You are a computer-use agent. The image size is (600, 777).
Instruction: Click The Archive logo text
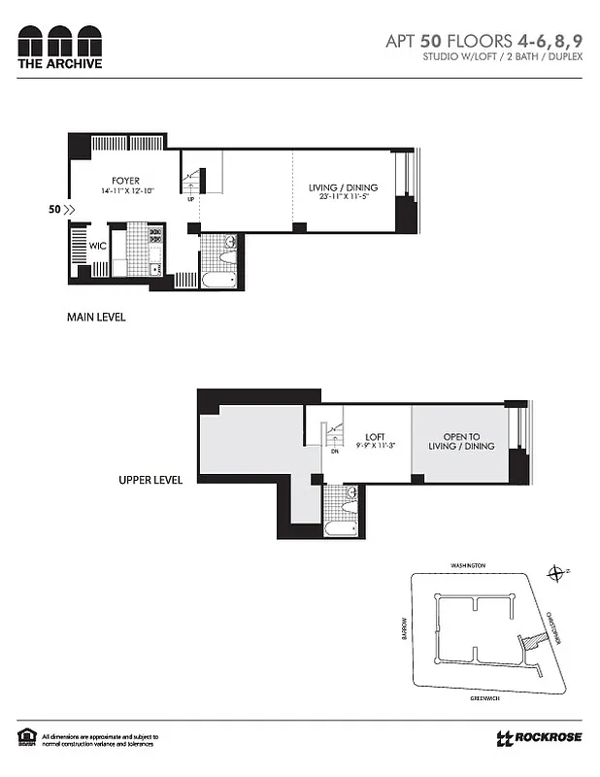[x=59, y=64]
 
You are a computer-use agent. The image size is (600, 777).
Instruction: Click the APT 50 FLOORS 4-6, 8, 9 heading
[x=483, y=41]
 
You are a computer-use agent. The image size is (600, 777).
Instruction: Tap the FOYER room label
[x=125, y=181]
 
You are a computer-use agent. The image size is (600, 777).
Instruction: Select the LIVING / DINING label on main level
[x=343, y=187]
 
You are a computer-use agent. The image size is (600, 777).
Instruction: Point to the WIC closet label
[x=98, y=247]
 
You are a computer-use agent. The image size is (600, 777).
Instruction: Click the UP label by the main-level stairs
[x=190, y=201]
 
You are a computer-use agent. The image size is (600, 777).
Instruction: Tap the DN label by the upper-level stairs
[x=334, y=451]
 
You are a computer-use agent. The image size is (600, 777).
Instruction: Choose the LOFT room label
[x=377, y=437]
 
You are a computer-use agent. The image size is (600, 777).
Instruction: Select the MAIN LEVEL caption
[x=96, y=318]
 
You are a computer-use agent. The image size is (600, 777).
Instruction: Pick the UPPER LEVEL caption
[x=151, y=480]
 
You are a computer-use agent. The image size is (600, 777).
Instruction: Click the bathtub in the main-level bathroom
[x=218, y=280]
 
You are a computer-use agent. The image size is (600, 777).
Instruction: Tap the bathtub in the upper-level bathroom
[x=340, y=529]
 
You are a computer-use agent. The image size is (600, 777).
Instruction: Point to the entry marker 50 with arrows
[x=60, y=208]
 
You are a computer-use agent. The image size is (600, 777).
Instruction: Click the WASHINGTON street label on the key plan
[x=468, y=564]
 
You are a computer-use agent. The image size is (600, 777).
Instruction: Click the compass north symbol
[x=555, y=574]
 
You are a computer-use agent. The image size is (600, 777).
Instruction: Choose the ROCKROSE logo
[x=539, y=738]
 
